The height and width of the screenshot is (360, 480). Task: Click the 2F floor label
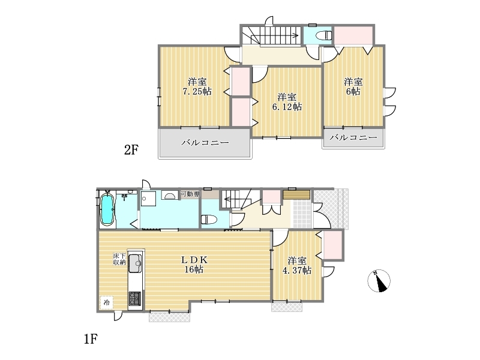[131, 149]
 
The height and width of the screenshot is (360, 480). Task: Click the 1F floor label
[91, 339]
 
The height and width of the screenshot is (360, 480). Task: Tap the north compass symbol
[379, 281]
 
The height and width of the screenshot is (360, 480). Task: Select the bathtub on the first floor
[107, 209]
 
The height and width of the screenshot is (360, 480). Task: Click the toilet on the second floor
[323, 35]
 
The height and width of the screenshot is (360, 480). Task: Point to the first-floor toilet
[209, 220]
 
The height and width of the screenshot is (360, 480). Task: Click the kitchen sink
[135, 263]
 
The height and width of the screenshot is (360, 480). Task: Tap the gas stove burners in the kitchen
[135, 298]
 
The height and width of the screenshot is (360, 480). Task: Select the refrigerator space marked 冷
[106, 303]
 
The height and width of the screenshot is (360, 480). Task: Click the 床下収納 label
[119, 259]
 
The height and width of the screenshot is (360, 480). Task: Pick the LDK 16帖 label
[194, 265]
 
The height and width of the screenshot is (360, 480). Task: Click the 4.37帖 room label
[297, 266]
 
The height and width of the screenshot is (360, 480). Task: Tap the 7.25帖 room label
[197, 86]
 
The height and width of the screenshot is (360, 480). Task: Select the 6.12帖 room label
[287, 102]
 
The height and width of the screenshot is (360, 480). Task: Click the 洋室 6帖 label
[353, 86]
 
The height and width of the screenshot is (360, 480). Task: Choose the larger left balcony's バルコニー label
[205, 143]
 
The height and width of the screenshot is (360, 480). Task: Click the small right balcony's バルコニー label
[353, 137]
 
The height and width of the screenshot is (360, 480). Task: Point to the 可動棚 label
[190, 194]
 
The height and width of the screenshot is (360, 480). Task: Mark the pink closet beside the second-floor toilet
[353, 35]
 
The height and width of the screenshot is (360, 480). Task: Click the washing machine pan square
[148, 199]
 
